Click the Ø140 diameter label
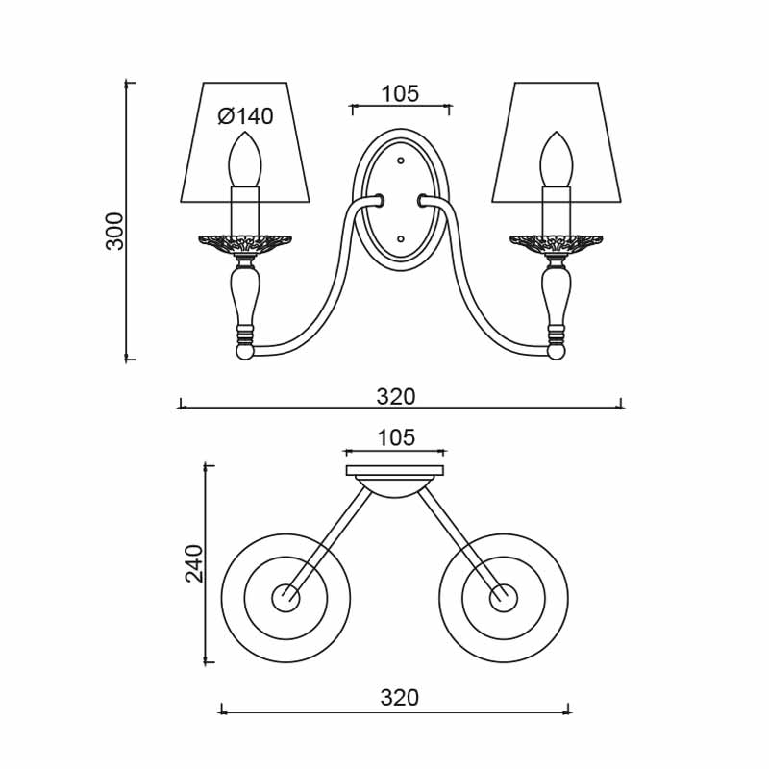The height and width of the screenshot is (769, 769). (x=246, y=116)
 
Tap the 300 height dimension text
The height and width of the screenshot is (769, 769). (x=114, y=231)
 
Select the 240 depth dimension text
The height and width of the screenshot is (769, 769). (x=194, y=563)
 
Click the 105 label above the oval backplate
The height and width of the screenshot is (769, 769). (x=400, y=93)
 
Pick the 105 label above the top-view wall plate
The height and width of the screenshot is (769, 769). (x=396, y=437)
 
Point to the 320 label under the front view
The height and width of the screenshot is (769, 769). (x=396, y=396)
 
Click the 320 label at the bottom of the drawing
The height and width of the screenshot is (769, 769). (x=400, y=698)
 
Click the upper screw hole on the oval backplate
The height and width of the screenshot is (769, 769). (x=401, y=161)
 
